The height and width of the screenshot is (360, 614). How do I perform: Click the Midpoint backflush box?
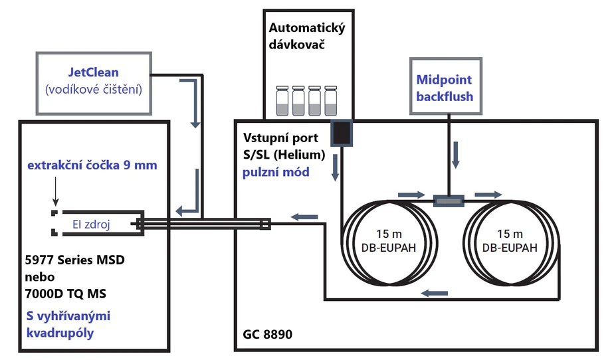pyautogui.click(x=445, y=88)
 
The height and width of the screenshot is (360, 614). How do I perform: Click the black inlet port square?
pyautogui.click(x=342, y=133)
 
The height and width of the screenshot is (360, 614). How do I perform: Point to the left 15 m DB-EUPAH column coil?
pyautogui.click(x=389, y=242)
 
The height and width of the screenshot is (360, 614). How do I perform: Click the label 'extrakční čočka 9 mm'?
pyautogui.click(x=92, y=165)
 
